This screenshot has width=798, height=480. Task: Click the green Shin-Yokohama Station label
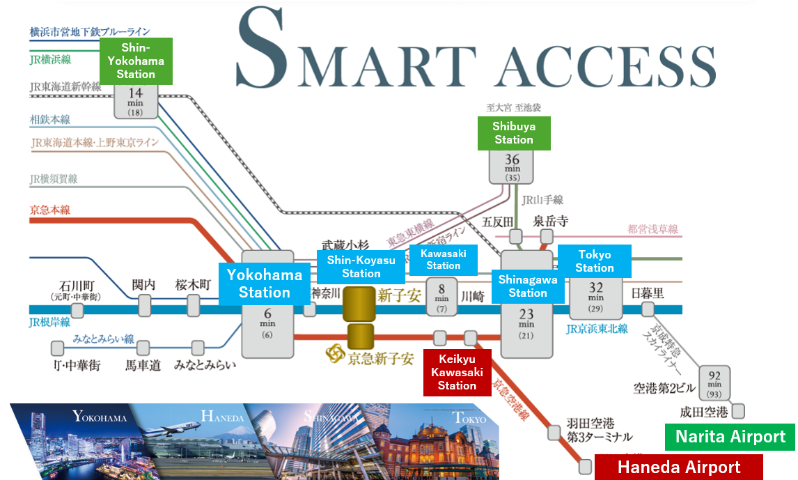136,61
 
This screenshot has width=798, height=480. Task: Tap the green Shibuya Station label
514,133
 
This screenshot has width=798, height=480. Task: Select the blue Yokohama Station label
265,284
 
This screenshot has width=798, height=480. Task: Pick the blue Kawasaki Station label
444,259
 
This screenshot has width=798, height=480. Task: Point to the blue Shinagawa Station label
528,286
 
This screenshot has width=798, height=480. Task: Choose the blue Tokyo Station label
594,261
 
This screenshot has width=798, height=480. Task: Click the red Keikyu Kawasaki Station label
457,372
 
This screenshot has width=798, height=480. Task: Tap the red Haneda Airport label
679,467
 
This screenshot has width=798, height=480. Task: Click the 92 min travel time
714,380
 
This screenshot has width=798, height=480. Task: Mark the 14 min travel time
135,98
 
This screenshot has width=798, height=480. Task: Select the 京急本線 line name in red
50,210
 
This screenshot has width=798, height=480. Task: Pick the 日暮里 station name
648,293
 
